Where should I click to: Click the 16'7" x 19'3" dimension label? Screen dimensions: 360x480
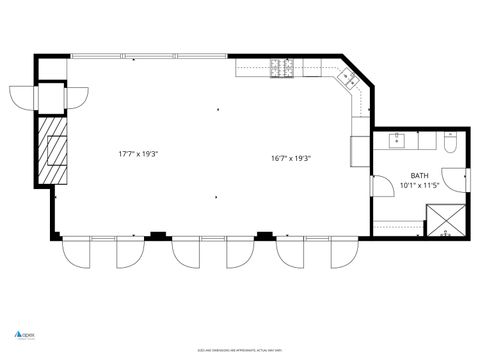(291, 158)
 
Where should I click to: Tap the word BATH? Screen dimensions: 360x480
(418, 176)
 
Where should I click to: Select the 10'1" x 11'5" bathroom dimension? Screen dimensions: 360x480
(418, 185)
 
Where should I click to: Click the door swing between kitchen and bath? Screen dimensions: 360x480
(380, 188)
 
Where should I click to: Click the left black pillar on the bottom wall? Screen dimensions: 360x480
(157, 236)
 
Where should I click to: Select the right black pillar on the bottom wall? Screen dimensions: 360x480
(263, 236)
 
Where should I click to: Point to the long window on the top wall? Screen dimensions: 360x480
(151, 55)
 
